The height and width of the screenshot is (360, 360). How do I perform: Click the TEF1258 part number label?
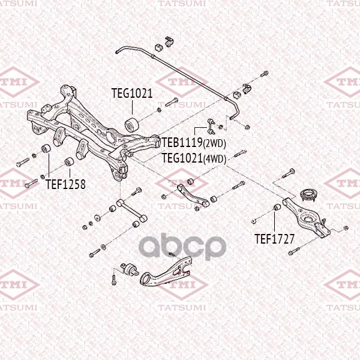[x=65, y=184]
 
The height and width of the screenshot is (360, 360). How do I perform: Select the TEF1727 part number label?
[x=274, y=239]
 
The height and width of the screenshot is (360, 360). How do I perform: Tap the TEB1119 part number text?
[x=182, y=143]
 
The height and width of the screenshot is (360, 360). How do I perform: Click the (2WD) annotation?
[x=214, y=143]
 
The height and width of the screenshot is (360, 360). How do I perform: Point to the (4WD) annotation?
[x=215, y=159]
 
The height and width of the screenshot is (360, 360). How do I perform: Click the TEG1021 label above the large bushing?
[x=132, y=93]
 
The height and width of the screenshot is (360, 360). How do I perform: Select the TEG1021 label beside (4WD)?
[x=182, y=158]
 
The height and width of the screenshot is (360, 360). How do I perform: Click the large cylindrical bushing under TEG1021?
[x=131, y=125]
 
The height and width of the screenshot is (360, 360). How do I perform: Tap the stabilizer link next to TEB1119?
[x=211, y=126]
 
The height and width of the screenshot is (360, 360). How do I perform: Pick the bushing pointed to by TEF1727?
[x=277, y=208]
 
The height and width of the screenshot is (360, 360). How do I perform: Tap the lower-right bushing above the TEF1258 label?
[x=69, y=161]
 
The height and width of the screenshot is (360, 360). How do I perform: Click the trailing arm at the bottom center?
[x=166, y=272]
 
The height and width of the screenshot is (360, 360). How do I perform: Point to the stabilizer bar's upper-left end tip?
[x=116, y=52]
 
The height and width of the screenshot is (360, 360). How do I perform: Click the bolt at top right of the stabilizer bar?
[x=264, y=74]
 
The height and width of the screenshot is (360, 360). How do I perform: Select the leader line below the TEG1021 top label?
[x=132, y=107]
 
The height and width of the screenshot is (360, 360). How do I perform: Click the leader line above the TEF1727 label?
[x=275, y=222]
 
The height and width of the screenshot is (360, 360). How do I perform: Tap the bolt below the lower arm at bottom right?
[x=294, y=251]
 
